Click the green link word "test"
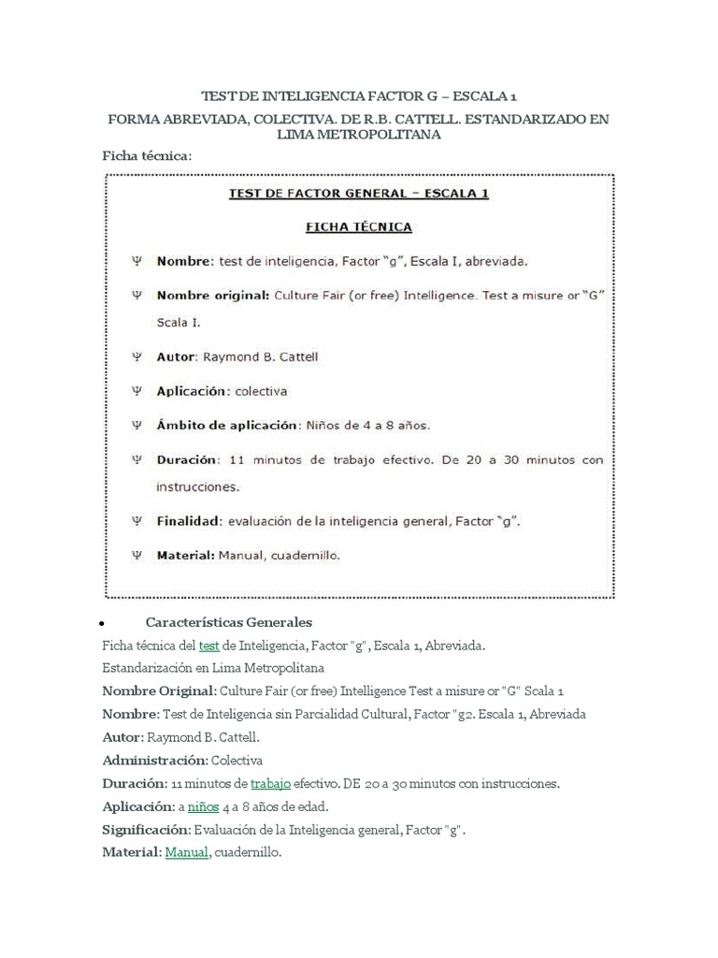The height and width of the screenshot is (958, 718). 209,646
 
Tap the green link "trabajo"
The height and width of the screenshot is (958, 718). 271,782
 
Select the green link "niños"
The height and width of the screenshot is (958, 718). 203,806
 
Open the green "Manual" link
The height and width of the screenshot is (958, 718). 187,852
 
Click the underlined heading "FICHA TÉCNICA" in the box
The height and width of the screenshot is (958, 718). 360,226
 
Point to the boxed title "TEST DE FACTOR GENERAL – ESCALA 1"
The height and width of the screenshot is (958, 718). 360,195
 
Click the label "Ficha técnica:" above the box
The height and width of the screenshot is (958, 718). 147,155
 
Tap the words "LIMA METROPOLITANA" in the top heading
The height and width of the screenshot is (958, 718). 359,135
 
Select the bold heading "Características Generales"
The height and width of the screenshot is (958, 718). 229,622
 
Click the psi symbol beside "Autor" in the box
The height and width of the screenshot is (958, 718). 136,356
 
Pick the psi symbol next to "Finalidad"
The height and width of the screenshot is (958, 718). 136,520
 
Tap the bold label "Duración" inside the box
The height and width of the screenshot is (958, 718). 187,460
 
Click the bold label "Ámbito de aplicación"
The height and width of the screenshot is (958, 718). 226,425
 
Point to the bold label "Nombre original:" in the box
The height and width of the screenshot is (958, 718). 213,295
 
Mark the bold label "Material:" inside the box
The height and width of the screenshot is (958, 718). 186,555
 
